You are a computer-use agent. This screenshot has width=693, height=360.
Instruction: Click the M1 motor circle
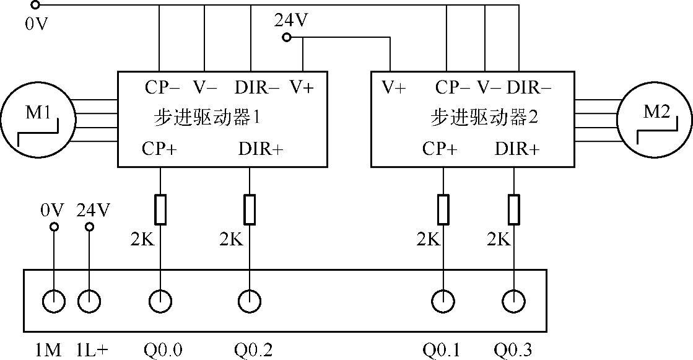(x=38, y=118)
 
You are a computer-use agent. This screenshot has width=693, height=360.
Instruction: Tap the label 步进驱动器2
(x=484, y=117)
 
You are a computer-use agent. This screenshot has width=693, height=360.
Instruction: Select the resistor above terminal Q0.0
(x=160, y=209)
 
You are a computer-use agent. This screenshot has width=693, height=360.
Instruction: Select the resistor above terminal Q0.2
(x=250, y=209)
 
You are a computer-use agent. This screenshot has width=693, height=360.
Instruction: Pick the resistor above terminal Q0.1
(x=443, y=209)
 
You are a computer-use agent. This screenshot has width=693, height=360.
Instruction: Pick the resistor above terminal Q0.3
(x=513, y=209)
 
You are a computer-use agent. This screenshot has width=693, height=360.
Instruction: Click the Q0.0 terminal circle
(x=160, y=302)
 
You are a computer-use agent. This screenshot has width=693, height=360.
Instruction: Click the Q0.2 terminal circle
(x=250, y=302)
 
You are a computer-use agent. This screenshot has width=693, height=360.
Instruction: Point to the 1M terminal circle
(x=54, y=302)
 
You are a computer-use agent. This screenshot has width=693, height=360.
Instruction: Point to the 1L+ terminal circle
(x=89, y=302)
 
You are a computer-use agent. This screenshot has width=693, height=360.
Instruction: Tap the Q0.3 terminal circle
(x=513, y=302)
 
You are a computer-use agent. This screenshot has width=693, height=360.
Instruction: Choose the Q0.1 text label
(x=442, y=351)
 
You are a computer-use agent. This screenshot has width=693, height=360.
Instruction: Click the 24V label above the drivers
(x=291, y=21)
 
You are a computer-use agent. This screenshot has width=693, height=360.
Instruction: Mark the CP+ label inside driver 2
(x=440, y=149)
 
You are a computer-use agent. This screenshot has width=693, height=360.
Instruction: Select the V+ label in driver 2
(x=393, y=88)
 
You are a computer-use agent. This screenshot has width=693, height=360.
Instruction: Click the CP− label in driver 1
(x=162, y=88)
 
